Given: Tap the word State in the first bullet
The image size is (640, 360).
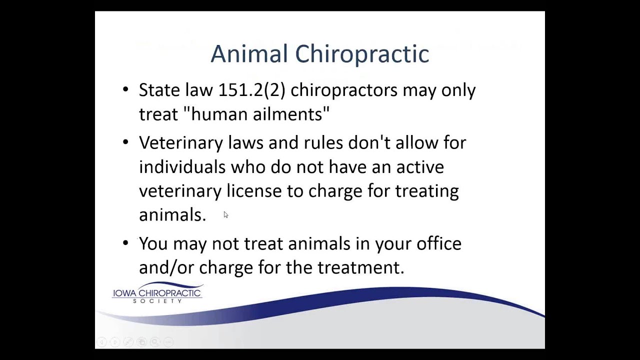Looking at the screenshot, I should coord(158,90).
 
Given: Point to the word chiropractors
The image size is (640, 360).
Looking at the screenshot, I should coord(344,90).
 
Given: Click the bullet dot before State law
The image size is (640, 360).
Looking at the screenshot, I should coord(125,90).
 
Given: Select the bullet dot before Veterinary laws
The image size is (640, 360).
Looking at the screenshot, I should coord(125,142).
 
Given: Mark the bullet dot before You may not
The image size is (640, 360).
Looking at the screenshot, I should coord(125,243).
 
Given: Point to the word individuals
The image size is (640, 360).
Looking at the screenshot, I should coord(182,167).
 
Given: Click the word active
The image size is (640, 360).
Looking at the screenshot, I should coord(420,167).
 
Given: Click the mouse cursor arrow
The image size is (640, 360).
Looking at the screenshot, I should coord(225,215).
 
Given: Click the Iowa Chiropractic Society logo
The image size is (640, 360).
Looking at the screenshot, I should coord(157,293).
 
